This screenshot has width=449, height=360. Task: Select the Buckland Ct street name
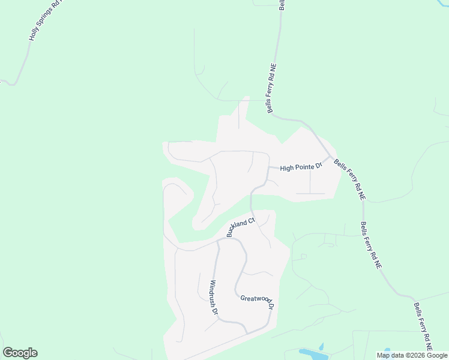coord(241,227)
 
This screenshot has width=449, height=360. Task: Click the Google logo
coord(20,353)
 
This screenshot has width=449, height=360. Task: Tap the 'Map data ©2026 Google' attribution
coord(412,355)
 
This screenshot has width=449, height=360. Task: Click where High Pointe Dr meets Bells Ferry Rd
coord(330,158)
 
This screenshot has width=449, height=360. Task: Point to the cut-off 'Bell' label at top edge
coord(281,4)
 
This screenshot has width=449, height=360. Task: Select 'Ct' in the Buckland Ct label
coord(251,220)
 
